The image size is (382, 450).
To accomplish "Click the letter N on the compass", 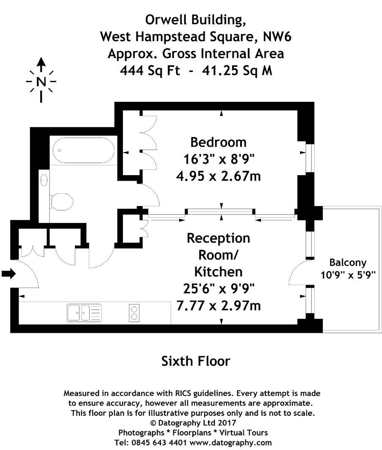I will [x=41, y=82].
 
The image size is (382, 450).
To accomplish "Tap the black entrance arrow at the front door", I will [x=8, y=274].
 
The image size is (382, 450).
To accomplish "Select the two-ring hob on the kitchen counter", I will [x=134, y=313].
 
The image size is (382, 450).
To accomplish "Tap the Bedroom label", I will [x=218, y=142].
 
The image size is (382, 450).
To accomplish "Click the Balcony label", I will [x=348, y=262].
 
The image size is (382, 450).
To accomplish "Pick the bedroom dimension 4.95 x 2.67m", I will [x=218, y=175].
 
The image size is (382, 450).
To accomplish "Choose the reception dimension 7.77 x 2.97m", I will [x=218, y=305].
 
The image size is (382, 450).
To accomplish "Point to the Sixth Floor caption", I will [x=196, y=361].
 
